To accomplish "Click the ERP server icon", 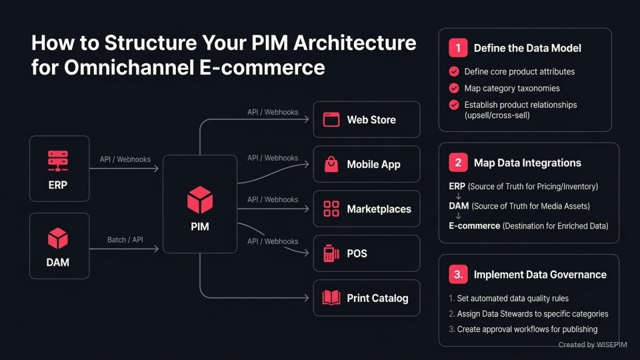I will [58, 161].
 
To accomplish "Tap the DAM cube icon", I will [58, 238].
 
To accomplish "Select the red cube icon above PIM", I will [199, 200].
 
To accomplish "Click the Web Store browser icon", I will [331, 120].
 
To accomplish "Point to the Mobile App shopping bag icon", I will [331, 164].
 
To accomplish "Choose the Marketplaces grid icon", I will [331, 209].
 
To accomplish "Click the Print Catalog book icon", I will [331, 298].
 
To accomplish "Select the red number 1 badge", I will [458, 48].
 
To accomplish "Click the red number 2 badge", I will [458, 163].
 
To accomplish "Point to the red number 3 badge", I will [458, 274].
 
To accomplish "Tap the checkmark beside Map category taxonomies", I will [454, 88].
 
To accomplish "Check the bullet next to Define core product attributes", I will [454, 71].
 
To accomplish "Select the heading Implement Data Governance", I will [540, 275].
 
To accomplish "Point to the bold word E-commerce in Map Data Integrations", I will [475, 226].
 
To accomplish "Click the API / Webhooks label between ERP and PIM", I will [125, 160].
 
